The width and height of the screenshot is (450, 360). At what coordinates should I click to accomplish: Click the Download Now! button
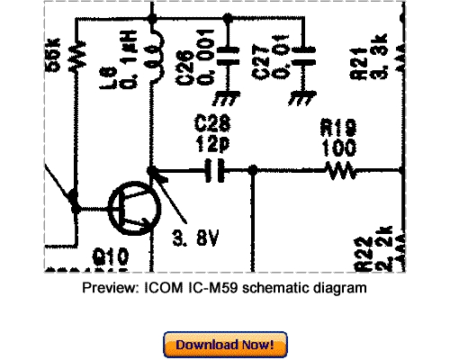tap(225, 345)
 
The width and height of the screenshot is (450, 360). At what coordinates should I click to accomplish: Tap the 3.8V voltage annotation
tap(195, 239)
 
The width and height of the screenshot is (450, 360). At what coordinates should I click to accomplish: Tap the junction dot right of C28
tap(253, 168)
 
